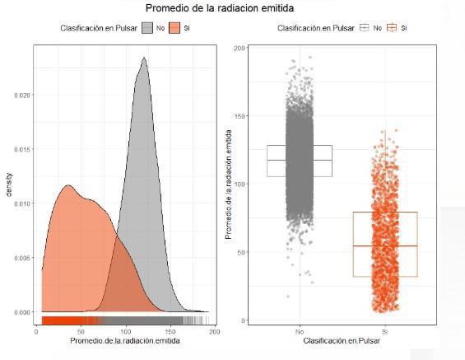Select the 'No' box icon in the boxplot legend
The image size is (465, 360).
364,28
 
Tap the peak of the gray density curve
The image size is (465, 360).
144,58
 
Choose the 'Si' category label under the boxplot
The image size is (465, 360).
384,331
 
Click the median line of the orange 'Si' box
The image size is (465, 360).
384,245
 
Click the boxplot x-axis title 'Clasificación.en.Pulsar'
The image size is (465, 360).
342,340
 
